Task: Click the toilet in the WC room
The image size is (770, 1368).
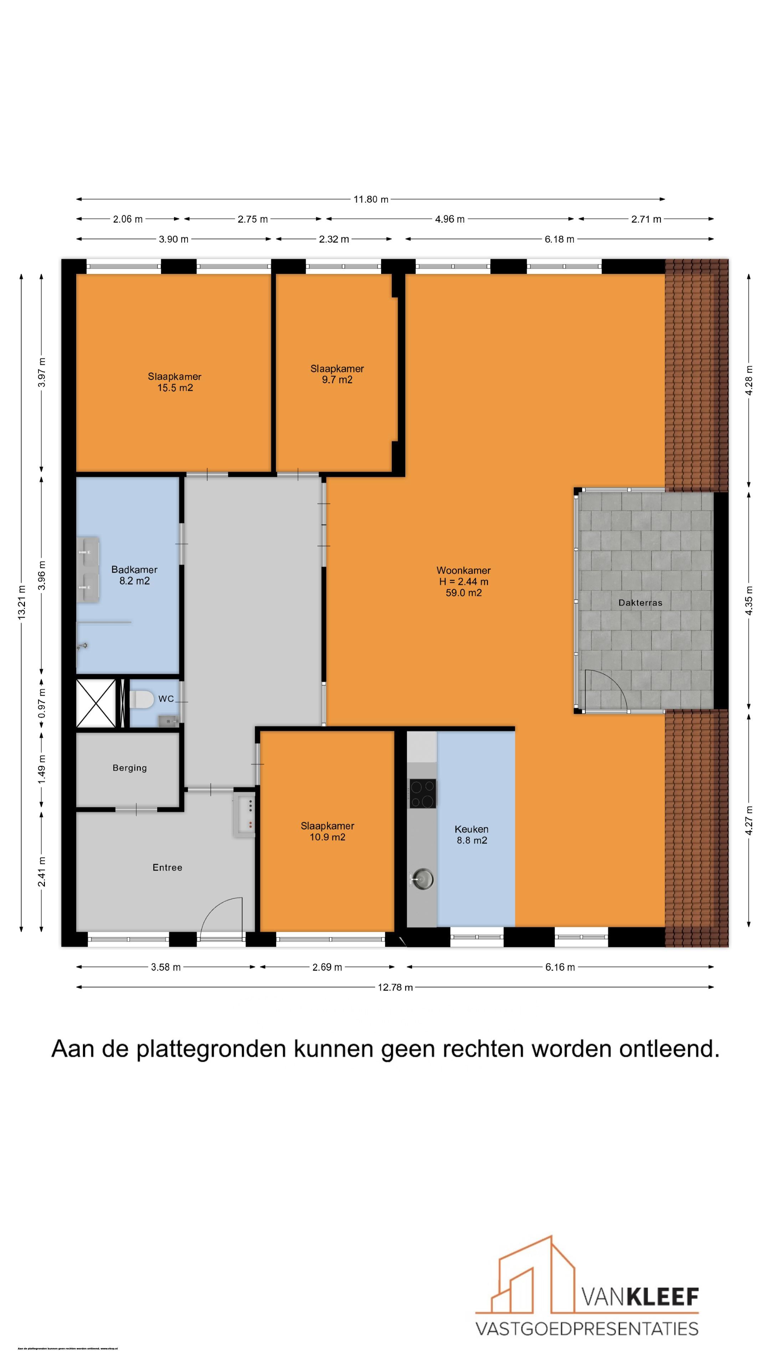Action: tap(142, 699)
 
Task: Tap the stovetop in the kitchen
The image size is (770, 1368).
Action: tap(422, 793)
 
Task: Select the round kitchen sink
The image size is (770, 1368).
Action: tap(422, 879)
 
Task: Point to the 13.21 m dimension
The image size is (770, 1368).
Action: tap(21, 602)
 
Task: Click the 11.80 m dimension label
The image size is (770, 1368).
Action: tap(370, 199)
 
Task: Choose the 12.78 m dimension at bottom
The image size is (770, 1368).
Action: tap(395, 987)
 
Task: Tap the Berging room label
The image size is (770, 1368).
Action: tap(130, 768)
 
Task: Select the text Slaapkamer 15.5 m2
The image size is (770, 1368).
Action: tap(174, 382)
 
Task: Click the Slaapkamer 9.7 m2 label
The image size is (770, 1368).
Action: tap(337, 374)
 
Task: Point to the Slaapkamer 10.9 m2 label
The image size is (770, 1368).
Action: tap(327, 831)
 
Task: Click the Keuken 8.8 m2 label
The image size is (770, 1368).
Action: tap(471, 834)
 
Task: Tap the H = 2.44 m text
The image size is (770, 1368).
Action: tap(463, 581)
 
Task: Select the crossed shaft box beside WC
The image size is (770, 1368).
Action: tap(96, 703)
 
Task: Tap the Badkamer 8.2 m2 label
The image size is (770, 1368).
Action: tap(134, 575)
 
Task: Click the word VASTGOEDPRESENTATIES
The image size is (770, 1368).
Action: tap(586, 1329)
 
